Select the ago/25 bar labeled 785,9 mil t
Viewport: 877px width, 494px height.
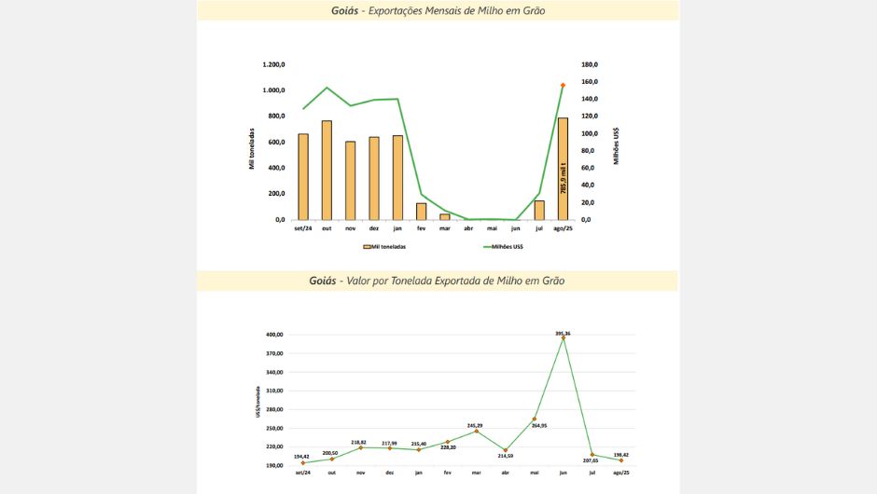click(x=563, y=169)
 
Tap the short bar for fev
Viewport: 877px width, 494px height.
click(x=421, y=212)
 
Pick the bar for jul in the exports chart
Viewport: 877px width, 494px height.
click(x=539, y=210)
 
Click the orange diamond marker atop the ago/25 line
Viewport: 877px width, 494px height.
click(x=563, y=85)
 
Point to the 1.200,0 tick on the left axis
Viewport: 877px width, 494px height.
click(x=273, y=64)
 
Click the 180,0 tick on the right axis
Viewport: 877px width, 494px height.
click(x=589, y=64)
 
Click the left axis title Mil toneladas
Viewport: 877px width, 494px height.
click(x=252, y=149)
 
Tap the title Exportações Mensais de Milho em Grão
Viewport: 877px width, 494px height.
click(x=438, y=11)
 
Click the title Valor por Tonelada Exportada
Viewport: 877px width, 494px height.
click(x=438, y=280)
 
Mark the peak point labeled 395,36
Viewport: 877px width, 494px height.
click(x=564, y=337)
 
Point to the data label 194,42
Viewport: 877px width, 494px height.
click(x=302, y=456)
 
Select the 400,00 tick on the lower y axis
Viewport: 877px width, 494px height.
click(x=275, y=335)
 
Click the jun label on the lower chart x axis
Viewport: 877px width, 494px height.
click(x=564, y=473)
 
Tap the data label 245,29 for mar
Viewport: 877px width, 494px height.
click(x=476, y=424)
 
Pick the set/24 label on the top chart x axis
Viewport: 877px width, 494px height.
click(x=302, y=228)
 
